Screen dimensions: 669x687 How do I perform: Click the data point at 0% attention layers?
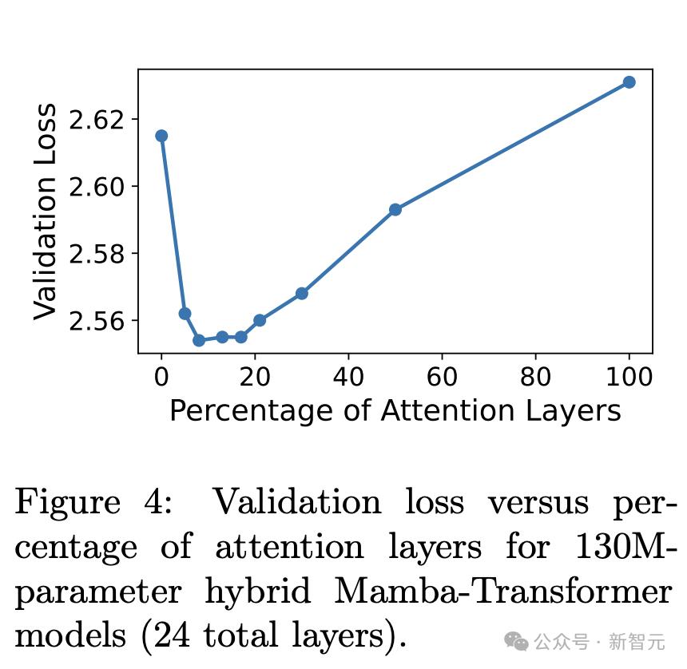click(161, 136)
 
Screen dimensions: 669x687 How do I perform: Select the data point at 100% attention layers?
click(629, 82)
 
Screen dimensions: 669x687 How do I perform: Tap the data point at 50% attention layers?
click(395, 209)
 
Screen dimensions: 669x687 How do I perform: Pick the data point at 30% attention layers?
click(301, 293)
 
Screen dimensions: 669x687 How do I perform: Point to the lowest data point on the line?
click(199, 340)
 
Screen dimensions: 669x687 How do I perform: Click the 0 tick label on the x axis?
click(161, 375)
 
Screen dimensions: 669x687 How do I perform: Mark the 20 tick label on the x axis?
click(255, 375)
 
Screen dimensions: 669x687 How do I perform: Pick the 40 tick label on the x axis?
click(348, 375)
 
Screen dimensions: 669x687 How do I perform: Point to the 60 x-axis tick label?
click(442, 375)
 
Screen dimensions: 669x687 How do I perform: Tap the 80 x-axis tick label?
click(535, 375)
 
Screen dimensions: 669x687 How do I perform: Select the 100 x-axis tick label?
click(629, 375)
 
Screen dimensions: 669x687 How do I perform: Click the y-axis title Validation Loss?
click(46, 212)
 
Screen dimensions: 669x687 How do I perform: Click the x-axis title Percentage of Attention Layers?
click(395, 410)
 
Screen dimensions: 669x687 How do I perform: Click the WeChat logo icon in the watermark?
click(516, 640)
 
